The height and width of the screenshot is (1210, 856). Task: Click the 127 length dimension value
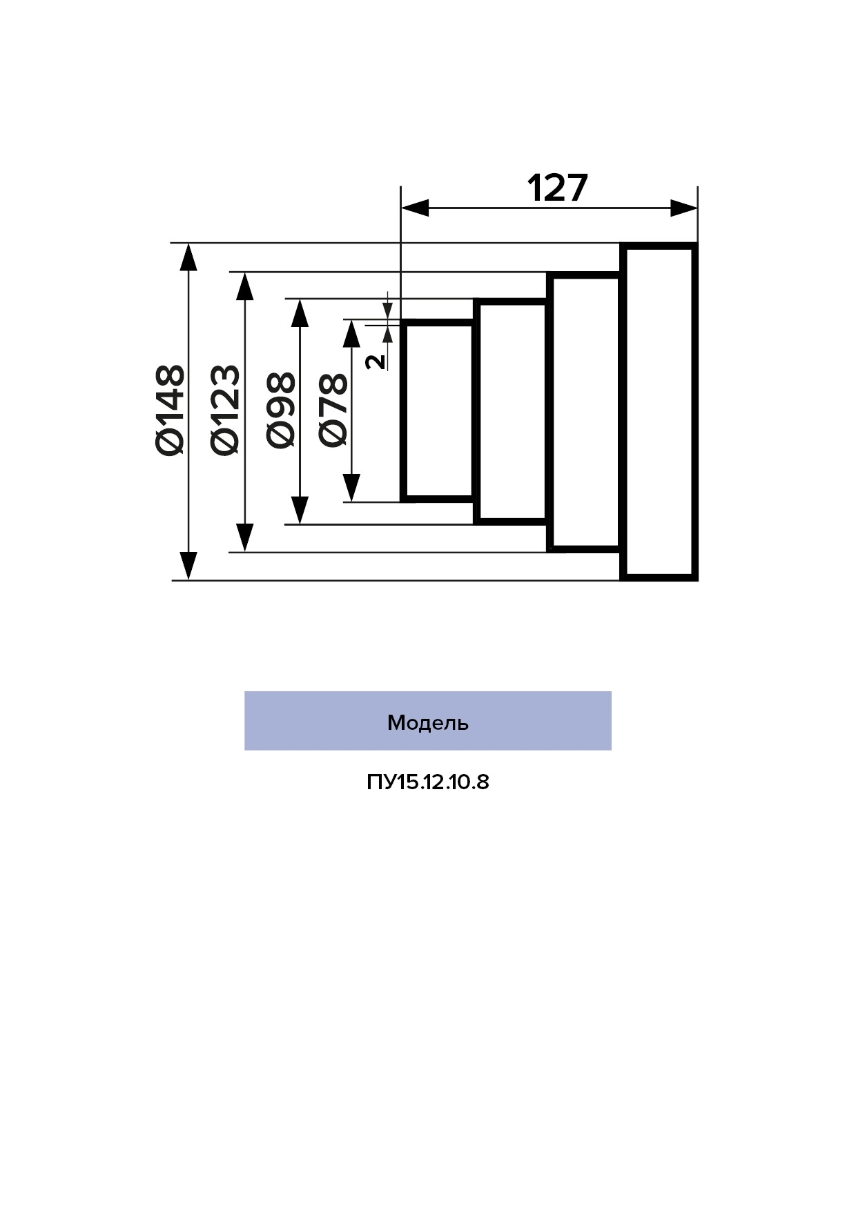[557, 188]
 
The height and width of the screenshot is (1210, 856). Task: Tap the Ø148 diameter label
[171, 410]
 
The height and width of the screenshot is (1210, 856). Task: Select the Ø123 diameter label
[226, 410]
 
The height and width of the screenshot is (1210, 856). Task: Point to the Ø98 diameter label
[281, 410]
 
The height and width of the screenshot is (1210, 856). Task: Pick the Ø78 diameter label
[333, 410]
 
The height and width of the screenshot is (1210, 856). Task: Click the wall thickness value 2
[376, 361]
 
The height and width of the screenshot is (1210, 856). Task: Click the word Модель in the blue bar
[428, 722]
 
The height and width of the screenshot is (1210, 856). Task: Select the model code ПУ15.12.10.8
[428, 782]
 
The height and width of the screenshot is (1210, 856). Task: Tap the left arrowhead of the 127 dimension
[415, 208]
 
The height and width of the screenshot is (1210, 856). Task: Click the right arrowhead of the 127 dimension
[683, 208]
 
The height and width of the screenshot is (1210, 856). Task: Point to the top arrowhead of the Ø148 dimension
[188, 257]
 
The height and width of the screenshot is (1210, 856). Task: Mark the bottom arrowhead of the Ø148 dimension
[188, 566]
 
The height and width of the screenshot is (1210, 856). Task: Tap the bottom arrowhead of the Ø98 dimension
[299, 510]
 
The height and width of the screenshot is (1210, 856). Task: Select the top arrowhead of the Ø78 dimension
[352, 333]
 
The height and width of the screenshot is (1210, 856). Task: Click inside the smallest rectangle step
[438, 410]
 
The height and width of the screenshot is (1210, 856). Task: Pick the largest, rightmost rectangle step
[659, 412]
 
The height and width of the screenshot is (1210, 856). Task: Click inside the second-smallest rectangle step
[513, 412]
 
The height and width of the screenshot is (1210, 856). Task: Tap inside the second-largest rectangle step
[586, 412]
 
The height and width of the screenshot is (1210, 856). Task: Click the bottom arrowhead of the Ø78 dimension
[352, 488]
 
